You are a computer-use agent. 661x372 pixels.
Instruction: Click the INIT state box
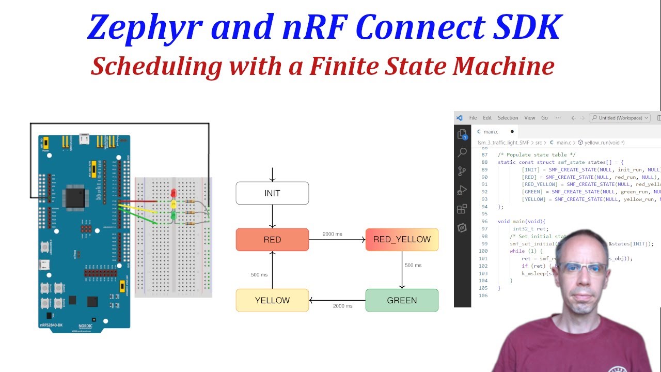coord(272,193)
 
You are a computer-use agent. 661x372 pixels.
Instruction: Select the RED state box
coord(272,240)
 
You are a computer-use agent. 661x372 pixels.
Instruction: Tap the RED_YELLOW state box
coord(402,240)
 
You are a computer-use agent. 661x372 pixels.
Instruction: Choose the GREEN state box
coord(402,300)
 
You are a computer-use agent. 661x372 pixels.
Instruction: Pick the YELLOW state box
coord(272,300)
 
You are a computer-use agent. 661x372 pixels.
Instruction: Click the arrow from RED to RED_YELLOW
coord(337,240)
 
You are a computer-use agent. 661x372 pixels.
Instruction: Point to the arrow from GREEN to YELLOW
coord(337,300)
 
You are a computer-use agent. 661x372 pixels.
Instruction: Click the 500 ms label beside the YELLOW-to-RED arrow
coord(259,274)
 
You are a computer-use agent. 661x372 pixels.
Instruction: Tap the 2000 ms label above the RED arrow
coord(332,234)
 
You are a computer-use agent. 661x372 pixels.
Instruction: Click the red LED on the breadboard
coord(174,194)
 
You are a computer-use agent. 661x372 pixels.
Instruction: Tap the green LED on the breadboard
coord(174,215)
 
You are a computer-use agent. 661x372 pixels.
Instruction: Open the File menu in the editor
coord(473,118)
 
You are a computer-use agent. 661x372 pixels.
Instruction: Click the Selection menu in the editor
coord(508,118)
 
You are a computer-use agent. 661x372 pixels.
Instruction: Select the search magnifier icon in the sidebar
coord(462,152)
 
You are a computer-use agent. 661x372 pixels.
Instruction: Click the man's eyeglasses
coord(584,268)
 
